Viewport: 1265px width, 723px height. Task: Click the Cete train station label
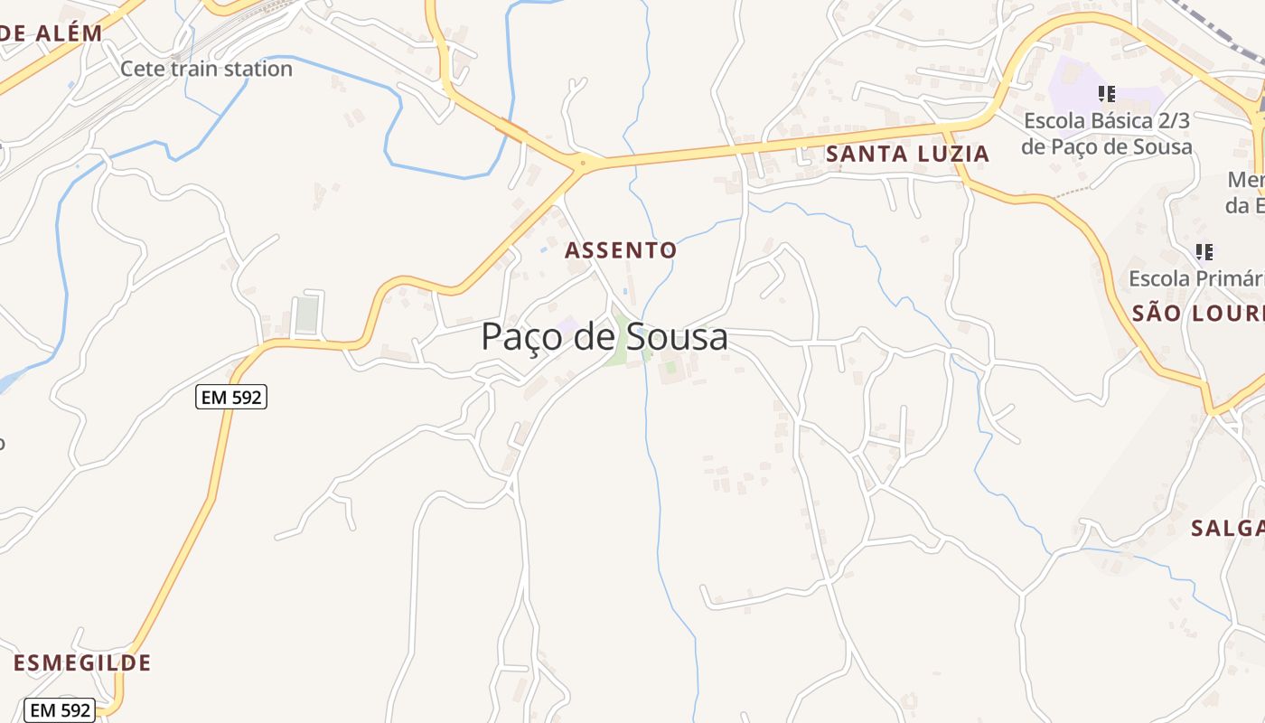pos(206,69)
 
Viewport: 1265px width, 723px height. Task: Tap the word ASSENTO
pos(621,250)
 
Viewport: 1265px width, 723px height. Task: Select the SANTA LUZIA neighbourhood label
pos(907,154)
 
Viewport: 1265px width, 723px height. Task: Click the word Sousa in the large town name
pos(664,337)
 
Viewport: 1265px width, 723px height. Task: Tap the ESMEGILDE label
pos(82,662)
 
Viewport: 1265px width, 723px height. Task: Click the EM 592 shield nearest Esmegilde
pos(60,710)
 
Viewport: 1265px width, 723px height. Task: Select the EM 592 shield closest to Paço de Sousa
pos(231,396)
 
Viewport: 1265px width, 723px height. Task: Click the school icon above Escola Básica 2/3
pos(1107,93)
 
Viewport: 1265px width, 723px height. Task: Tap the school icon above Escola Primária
pos(1204,251)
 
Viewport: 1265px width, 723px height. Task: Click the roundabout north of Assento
pos(581,164)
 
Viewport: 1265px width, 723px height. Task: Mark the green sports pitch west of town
pos(307,315)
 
